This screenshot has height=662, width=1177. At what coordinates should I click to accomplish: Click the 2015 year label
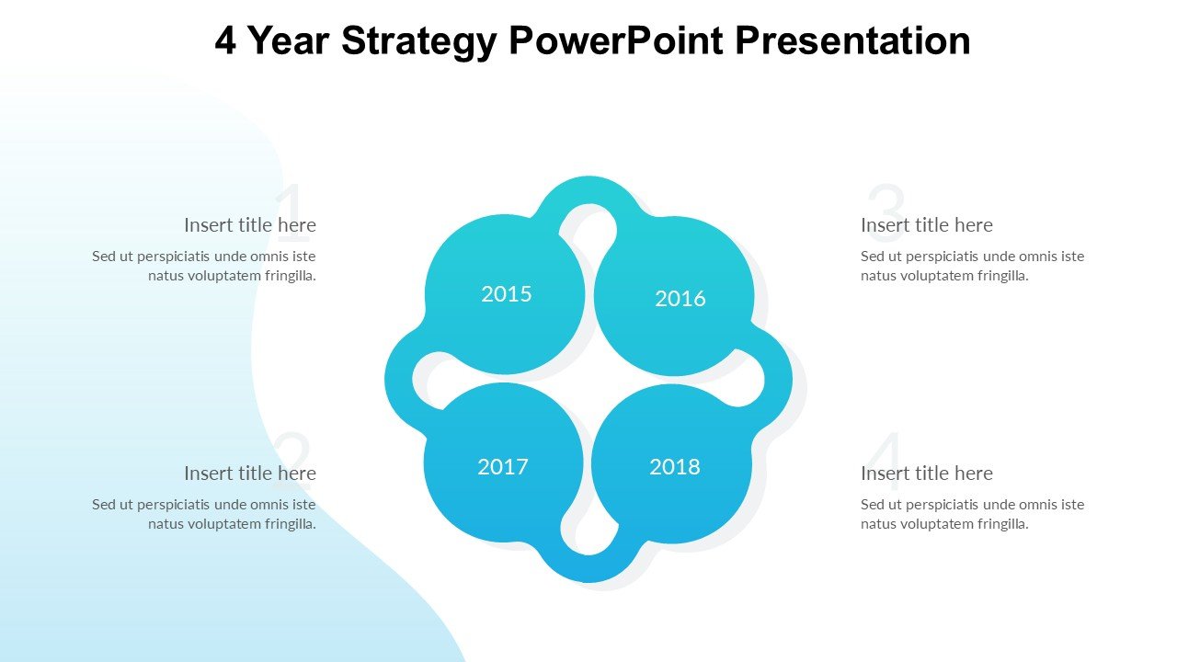[506, 294]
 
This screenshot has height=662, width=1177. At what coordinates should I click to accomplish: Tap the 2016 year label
[680, 299]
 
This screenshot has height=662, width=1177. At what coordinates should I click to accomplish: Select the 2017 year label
[502, 466]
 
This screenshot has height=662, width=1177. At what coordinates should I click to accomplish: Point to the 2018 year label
[675, 466]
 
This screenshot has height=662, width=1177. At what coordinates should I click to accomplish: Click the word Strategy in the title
[419, 42]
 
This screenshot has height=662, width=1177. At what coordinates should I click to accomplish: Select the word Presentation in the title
[852, 40]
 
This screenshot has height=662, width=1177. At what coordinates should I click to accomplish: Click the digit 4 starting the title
[225, 40]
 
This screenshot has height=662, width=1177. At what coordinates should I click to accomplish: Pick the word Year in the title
[288, 40]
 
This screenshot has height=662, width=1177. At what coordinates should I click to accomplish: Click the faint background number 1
[291, 212]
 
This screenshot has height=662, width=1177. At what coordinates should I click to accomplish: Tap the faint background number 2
[292, 462]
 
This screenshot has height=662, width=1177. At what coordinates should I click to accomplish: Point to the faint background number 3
[886, 212]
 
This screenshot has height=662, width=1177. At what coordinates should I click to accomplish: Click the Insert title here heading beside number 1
[250, 225]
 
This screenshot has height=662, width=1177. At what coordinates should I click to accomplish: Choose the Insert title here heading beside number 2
[250, 474]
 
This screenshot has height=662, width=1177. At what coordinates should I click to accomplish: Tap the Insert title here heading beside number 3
[927, 225]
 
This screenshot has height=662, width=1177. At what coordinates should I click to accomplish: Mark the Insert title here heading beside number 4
[927, 474]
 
